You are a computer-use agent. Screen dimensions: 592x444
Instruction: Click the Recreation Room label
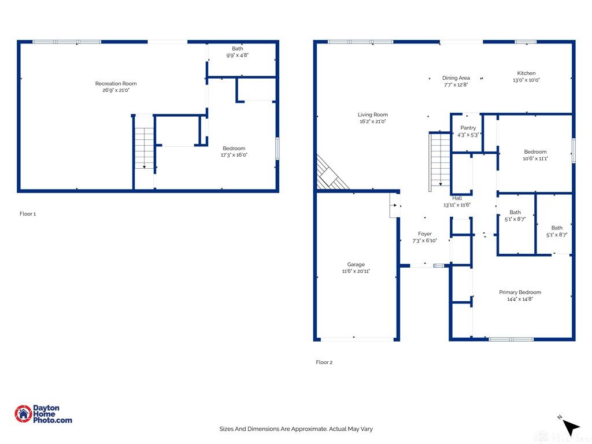coord(116,83)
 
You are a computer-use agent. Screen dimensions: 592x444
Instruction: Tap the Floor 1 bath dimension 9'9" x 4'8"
coord(238,55)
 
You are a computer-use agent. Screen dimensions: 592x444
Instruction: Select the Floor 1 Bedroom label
coord(234,149)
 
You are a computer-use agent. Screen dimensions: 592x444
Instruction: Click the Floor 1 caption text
coord(28,214)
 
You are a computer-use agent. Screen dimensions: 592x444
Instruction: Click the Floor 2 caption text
coord(324,362)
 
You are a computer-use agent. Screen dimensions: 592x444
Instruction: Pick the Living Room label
coord(373,115)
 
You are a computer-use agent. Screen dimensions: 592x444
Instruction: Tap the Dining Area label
coord(456,78)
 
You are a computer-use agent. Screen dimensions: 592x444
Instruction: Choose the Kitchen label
coord(526,73)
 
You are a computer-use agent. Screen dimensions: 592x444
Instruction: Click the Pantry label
coord(468,128)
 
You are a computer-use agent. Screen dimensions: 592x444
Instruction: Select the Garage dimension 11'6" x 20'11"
coord(356,271)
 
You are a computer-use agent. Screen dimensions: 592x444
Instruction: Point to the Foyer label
coord(425,234)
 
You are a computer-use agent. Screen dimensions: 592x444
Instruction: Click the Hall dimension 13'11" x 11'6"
coord(457,205)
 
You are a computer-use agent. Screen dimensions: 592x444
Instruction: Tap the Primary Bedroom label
coord(520,292)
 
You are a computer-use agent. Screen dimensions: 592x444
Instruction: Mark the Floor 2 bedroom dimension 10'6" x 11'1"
coord(535,158)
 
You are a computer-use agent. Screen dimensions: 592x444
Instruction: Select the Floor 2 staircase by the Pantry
coord(440,162)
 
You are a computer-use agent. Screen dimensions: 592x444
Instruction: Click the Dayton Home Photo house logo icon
coord(23,414)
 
